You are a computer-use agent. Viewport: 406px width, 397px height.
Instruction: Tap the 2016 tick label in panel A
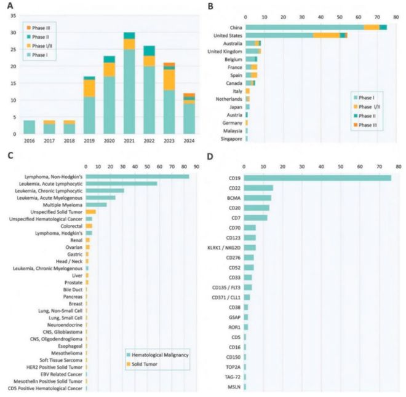pos(29,140)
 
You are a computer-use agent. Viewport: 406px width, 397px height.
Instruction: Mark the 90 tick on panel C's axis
pos(195,166)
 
